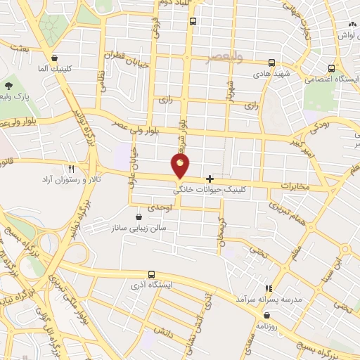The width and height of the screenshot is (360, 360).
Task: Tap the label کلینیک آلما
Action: coord(55,70)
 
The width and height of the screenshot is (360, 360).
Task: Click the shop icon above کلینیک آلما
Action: coord(55,58)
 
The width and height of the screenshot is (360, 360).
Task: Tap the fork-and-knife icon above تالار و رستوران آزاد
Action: coord(71,169)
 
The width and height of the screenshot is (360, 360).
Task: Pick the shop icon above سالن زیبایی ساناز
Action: coord(139,217)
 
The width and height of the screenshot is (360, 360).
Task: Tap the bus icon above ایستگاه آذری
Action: coord(150,274)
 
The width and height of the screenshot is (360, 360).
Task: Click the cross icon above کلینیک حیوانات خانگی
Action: coord(210,179)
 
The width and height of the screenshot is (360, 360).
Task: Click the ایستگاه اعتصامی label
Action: coord(330,80)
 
